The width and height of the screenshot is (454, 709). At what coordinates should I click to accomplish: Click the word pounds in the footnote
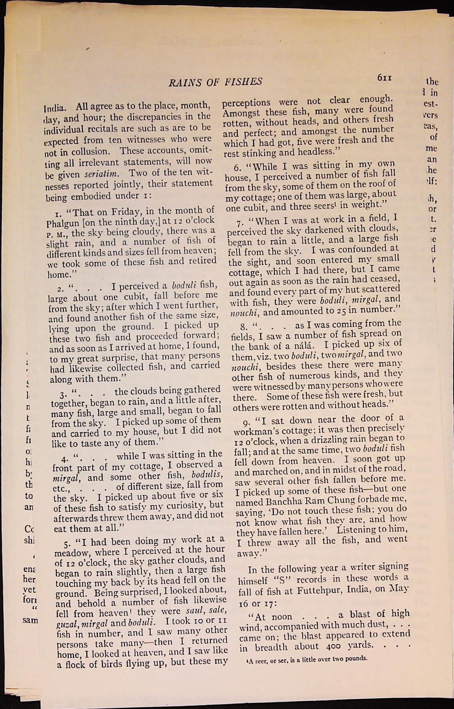(x=357, y=658)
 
